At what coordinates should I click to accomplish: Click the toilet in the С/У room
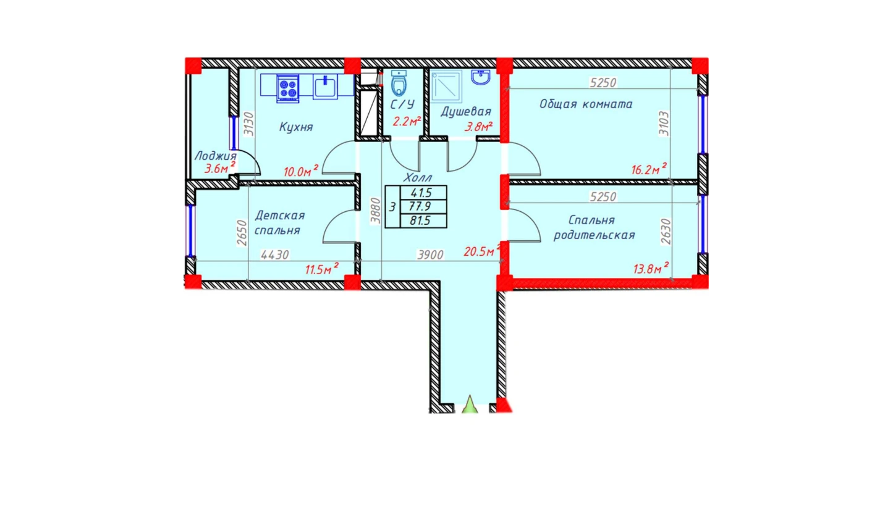(x=399, y=83)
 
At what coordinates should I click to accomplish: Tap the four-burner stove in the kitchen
(x=288, y=88)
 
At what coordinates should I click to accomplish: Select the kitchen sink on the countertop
(x=325, y=86)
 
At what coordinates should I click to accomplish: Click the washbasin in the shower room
(x=481, y=77)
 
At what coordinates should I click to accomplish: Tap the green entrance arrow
(x=470, y=404)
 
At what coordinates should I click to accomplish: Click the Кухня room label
(x=296, y=127)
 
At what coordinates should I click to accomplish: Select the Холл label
(x=417, y=177)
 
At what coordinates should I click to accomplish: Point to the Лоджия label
(x=215, y=156)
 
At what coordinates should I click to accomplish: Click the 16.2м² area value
(x=649, y=169)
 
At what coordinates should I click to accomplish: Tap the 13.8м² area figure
(x=651, y=268)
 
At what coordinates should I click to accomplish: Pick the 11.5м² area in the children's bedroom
(x=322, y=269)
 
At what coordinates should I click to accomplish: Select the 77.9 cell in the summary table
(x=420, y=206)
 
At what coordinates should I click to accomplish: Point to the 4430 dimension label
(x=274, y=254)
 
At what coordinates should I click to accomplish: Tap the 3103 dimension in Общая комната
(x=664, y=124)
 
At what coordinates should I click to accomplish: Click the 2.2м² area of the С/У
(x=407, y=121)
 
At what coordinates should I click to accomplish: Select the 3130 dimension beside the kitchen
(x=248, y=124)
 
